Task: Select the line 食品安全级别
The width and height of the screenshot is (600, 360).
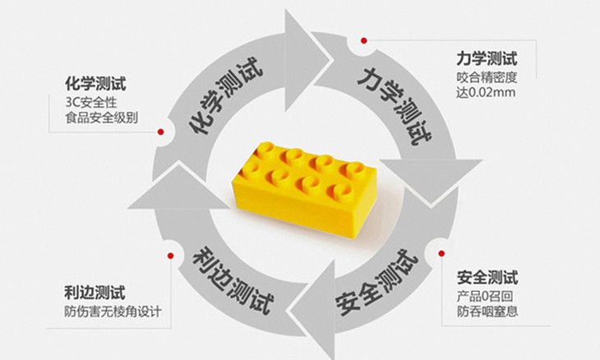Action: (x=102, y=117)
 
